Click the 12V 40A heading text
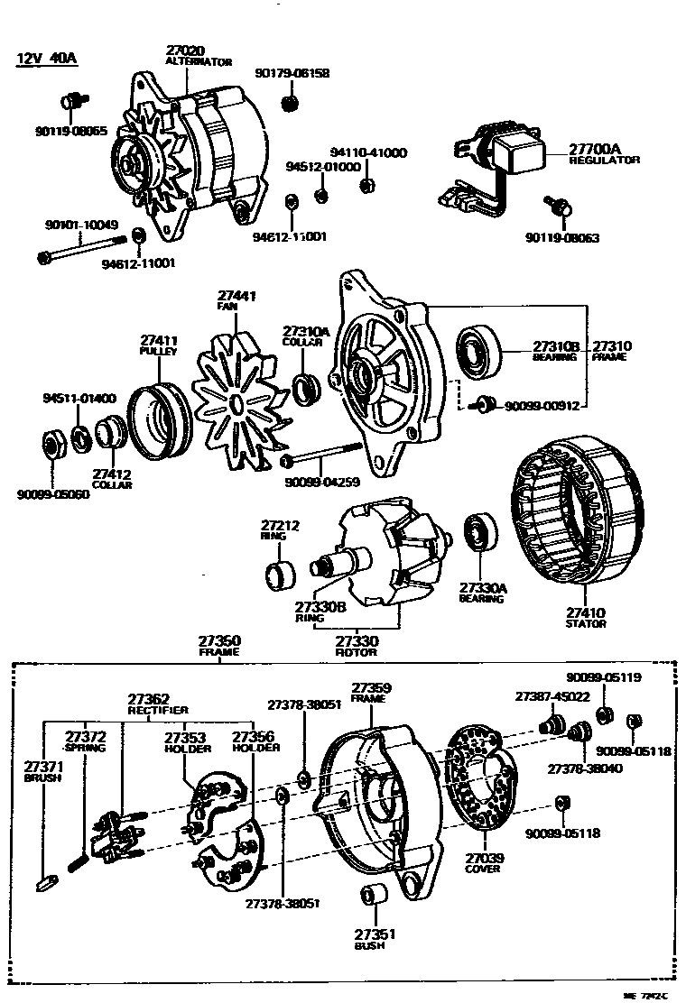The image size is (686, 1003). (x=47, y=60)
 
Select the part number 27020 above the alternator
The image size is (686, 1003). (x=185, y=51)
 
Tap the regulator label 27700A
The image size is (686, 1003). (x=595, y=149)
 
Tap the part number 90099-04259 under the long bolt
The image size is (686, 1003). (x=321, y=483)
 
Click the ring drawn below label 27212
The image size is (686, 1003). (x=278, y=574)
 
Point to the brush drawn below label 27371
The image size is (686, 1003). (x=51, y=881)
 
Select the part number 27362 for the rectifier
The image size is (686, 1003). (x=148, y=698)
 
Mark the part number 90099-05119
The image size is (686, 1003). (x=604, y=678)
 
